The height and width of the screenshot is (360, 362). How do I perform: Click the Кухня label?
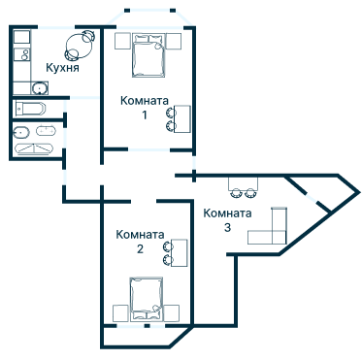click(62, 68)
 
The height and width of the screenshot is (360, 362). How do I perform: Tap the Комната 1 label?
click(145, 108)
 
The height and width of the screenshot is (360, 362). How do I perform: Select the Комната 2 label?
click(140, 242)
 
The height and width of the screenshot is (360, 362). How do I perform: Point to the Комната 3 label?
click(227, 220)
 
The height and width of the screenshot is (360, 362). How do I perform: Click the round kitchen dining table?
click(80, 47)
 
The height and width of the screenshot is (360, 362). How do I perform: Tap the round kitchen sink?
click(40, 88)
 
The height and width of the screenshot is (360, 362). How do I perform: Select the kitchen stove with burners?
click(22, 53)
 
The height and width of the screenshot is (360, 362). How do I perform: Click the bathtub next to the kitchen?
click(29, 109)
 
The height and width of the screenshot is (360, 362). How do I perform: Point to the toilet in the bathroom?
click(21, 132)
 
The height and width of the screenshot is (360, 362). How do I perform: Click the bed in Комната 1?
click(148, 55)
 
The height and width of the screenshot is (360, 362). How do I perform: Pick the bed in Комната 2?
click(147, 299)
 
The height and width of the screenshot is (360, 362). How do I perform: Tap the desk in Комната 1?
click(182, 118)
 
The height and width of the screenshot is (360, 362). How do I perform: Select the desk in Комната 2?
click(180, 252)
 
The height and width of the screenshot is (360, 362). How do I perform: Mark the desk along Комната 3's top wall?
click(244, 183)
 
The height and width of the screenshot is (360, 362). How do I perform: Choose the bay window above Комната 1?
click(149, 18)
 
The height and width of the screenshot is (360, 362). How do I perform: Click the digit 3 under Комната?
click(227, 227)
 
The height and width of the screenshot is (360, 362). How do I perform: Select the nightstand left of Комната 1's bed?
click(123, 41)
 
